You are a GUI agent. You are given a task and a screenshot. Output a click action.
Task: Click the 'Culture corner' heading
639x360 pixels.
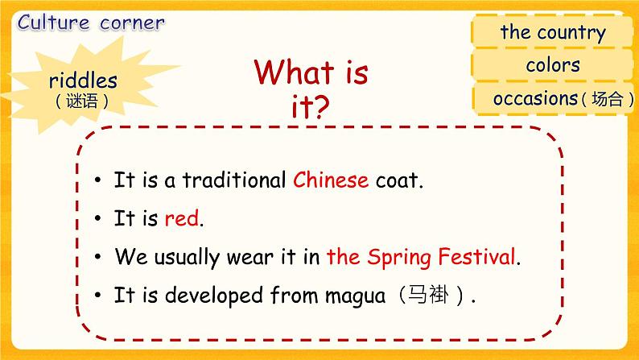[x=90, y=23]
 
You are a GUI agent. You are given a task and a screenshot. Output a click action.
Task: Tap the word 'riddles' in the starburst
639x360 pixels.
[x=83, y=81]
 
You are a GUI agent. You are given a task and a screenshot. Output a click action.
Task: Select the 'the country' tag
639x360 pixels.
[x=552, y=33]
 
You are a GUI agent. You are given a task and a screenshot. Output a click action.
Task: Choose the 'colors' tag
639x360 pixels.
[x=552, y=65]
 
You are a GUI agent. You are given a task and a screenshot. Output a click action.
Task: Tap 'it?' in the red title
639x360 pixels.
[x=310, y=108]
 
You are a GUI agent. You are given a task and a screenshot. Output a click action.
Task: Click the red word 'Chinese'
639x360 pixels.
[x=331, y=180]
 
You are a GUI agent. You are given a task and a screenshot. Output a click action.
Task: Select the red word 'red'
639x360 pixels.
[x=180, y=218]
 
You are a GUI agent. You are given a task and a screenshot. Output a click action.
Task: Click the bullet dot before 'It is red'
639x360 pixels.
[x=96, y=219]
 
